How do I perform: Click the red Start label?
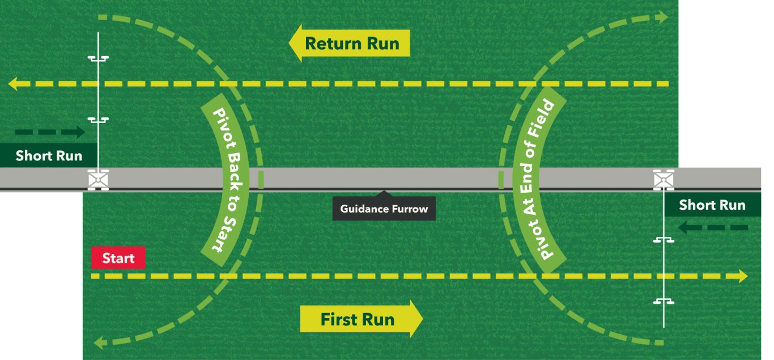118,259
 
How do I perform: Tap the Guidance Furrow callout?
384,209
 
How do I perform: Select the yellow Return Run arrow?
349,43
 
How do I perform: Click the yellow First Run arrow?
361,319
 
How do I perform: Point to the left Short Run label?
49,156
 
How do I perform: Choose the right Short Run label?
712,205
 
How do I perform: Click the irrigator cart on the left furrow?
98,179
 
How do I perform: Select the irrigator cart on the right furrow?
664,179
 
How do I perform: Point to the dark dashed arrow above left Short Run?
50,133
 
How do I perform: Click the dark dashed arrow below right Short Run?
713,228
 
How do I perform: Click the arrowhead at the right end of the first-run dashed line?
742,277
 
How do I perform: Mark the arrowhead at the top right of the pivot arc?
662,18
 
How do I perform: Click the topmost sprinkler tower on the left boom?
98,58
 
